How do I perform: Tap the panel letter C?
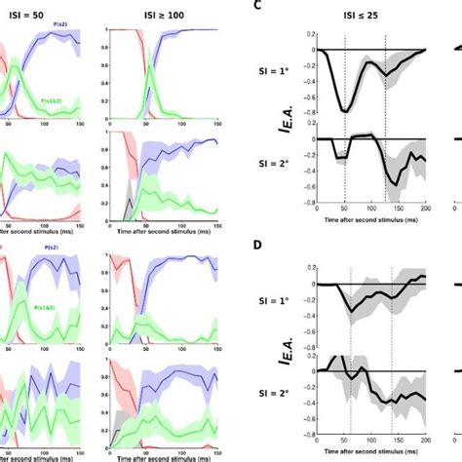tap(256, 6)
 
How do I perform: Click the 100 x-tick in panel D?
tap(372, 444)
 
